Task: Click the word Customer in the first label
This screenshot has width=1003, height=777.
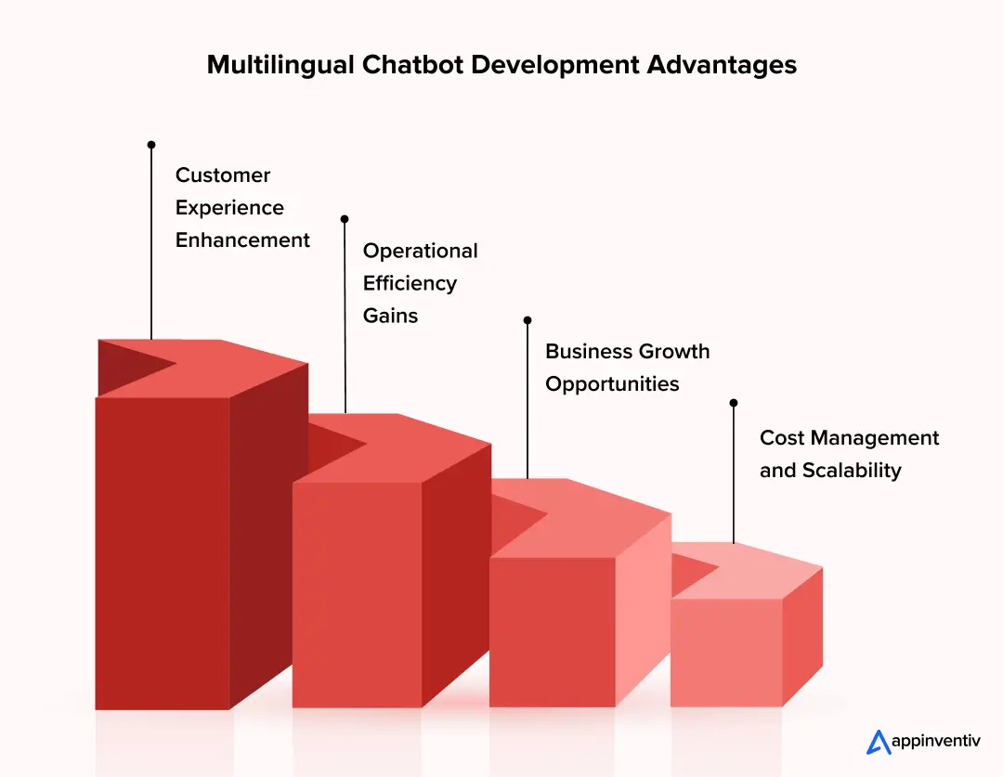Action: click(x=223, y=175)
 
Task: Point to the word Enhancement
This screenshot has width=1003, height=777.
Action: click(x=242, y=240)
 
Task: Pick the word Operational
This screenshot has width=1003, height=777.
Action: click(x=420, y=251)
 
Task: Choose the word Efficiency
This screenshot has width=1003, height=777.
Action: click(x=410, y=283)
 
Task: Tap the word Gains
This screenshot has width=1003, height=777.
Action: click(x=390, y=316)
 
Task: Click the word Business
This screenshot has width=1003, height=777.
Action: click(x=589, y=352)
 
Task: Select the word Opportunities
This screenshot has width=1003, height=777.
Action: click(x=612, y=384)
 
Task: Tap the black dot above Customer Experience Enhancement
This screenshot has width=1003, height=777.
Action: click(x=151, y=145)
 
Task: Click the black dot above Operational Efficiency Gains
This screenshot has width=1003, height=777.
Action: click(x=345, y=219)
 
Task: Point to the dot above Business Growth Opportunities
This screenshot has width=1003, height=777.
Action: click(x=528, y=319)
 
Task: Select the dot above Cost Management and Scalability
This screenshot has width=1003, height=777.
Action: click(x=734, y=403)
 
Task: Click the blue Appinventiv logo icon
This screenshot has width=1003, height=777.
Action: click(x=878, y=742)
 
